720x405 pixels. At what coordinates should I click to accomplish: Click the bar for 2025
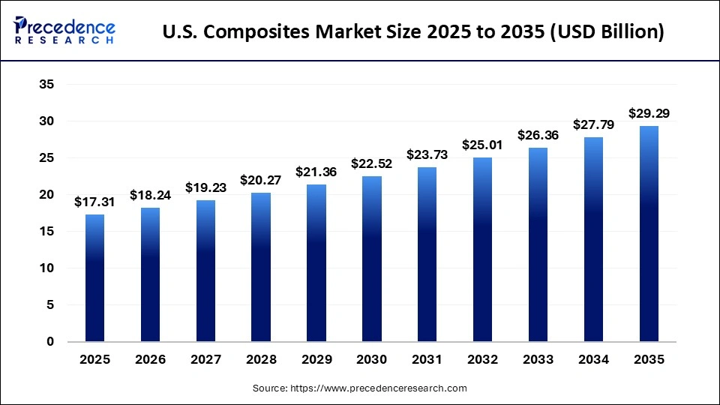pyautogui.click(x=94, y=278)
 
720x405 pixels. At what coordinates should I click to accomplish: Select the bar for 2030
pyautogui.click(x=372, y=259)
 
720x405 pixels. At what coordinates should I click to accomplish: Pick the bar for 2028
pyautogui.click(x=261, y=267)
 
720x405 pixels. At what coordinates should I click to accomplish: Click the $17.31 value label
pyautogui.click(x=94, y=202)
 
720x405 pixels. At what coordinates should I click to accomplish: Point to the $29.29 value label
pyautogui.click(x=649, y=114)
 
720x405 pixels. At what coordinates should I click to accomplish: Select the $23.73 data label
pyautogui.click(x=427, y=154)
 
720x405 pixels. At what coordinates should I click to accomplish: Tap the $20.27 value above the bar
pyautogui.click(x=261, y=180)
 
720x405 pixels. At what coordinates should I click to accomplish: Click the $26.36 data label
pyautogui.click(x=538, y=135)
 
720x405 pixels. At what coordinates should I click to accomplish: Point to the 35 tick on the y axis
pyautogui.click(x=46, y=85)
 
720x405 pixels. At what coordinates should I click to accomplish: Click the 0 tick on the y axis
pyautogui.click(x=50, y=342)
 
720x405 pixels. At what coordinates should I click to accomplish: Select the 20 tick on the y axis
pyautogui.click(x=46, y=195)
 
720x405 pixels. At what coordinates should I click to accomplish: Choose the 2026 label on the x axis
pyautogui.click(x=150, y=360)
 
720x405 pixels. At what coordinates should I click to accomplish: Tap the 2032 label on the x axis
pyautogui.click(x=482, y=360)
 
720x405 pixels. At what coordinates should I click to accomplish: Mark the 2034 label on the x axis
pyautogui.click(x=593, y=360)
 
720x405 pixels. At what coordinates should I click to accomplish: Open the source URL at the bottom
pyautogui.click(x=386, y=388)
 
